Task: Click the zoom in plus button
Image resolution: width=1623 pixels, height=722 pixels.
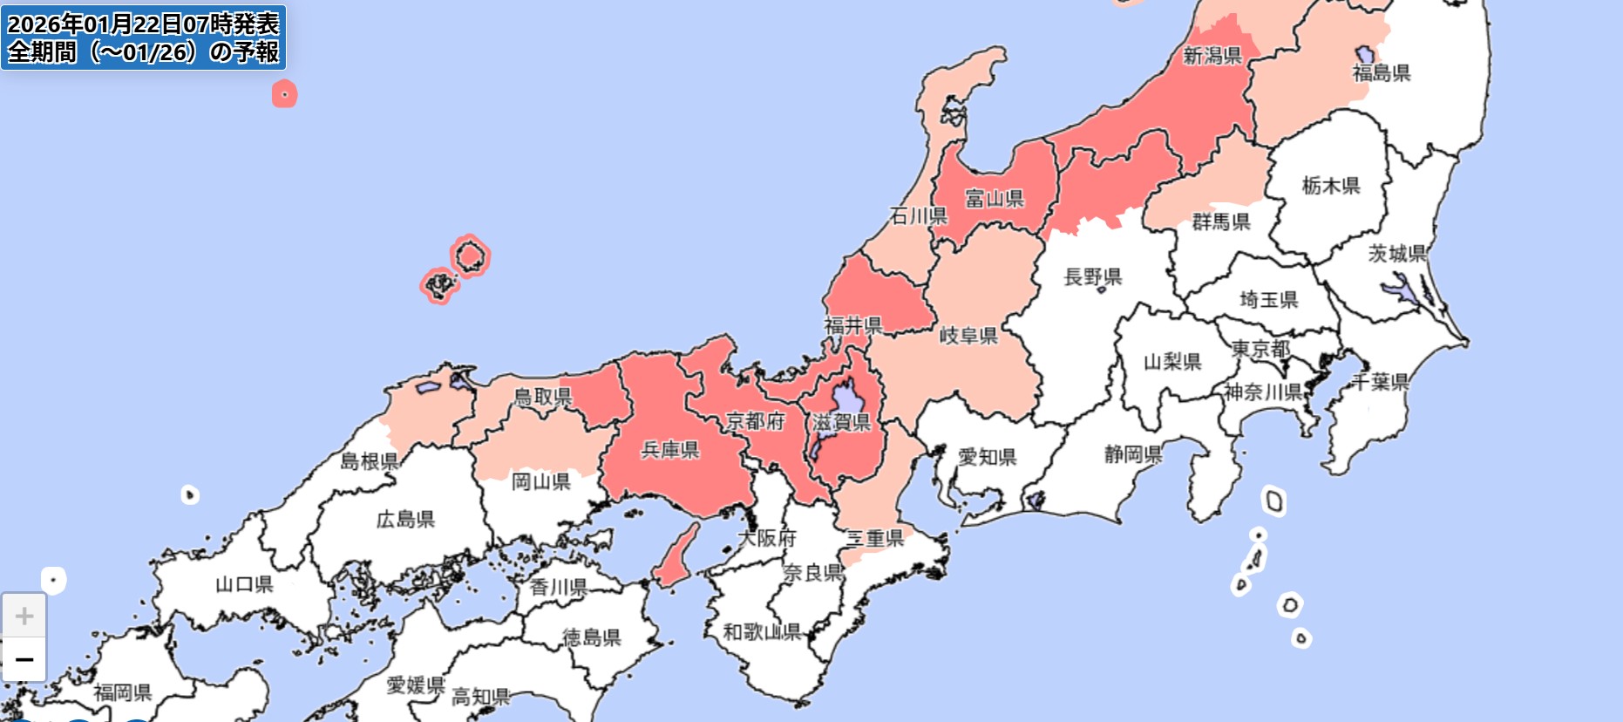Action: tap(24, 616)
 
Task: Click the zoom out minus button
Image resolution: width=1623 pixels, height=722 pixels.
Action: tap(24, 660)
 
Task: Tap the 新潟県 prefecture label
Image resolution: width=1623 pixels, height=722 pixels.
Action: tap(1212, 56)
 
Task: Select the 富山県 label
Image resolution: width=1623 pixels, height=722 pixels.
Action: tap(995, 199)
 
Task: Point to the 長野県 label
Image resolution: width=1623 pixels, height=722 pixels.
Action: tap(1093, 277)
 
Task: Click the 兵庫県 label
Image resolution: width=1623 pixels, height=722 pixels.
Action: tap(670, 450)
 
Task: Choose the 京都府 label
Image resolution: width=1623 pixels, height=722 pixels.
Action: tap(756, 421)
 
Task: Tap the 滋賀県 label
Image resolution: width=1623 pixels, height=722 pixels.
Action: tap(842, 423)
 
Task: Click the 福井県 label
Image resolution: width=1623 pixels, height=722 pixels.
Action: tap(853, 326)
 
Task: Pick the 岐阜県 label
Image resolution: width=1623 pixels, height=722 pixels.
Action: tap(968, 336)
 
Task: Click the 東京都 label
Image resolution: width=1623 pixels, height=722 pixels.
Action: tap(1260, 349)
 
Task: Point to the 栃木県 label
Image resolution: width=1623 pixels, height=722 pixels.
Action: tap(1331, 186)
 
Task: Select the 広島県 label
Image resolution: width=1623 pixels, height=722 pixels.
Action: tap(405, 520)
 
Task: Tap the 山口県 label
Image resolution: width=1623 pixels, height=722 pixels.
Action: tap(245, 584)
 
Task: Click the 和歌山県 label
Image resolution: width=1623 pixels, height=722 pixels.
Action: tap(762, 631)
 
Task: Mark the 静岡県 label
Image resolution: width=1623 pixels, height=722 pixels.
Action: tap(1133, 453)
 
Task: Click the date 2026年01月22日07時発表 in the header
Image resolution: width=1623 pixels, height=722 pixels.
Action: tap(143, 24)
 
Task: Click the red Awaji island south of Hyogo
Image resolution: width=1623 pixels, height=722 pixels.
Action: tap(676, 555)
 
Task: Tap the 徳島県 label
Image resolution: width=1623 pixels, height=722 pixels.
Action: tap(592, 637)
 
